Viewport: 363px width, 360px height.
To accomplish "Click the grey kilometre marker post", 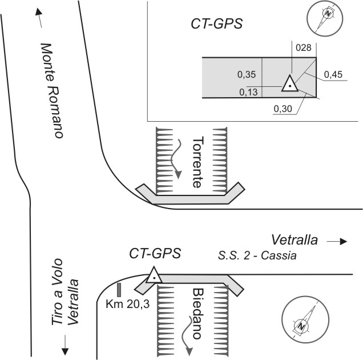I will pos(119,289).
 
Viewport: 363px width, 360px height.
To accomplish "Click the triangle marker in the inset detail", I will pos(290,84).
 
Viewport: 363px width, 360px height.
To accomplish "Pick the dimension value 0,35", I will pos(247,74).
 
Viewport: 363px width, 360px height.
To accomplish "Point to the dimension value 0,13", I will pos(249,91).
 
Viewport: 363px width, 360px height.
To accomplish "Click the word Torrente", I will pos(197,163).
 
